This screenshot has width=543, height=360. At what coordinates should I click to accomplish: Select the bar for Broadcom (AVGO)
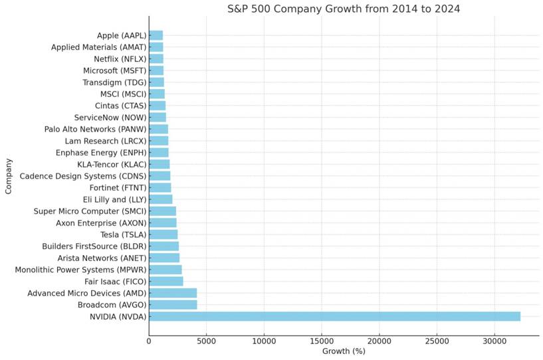(x=173, y=304)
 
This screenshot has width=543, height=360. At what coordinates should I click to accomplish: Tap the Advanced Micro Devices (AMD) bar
(x=173, y=293)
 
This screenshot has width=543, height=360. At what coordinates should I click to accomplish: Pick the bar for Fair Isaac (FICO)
(x=165, y=281)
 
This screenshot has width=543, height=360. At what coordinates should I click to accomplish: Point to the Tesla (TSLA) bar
(x=163, y=234)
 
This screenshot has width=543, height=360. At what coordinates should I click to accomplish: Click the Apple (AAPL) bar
(x=156, y=35)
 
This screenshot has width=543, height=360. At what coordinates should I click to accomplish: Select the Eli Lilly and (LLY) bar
(x=160, y=199)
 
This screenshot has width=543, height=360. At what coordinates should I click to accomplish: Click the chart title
(x=344, y=9)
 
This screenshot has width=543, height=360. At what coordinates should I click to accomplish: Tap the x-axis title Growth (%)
(x=344, y=350)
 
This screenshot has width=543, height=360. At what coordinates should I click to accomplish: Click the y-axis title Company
(x=9, y=176)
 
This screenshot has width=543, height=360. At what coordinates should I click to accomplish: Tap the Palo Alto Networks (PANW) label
(x=95, y=129)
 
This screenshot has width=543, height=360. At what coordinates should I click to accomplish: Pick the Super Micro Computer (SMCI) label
(x=90, y=211)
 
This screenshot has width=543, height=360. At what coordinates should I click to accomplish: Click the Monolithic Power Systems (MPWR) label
(x=80, y=270)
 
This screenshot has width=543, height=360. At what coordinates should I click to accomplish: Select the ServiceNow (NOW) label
(x=110, y=118)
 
